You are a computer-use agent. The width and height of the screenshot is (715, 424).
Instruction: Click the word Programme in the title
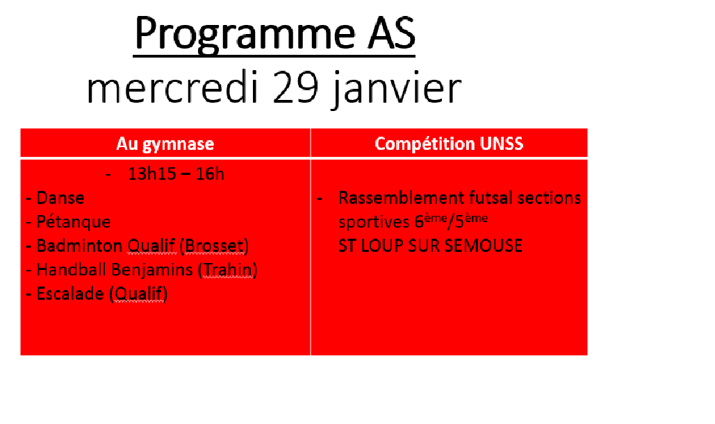click(x=245, y=34)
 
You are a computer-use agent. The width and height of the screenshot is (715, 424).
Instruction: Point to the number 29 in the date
click(x=295, y=87)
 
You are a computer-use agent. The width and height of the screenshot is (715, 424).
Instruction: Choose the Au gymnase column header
click(x=165, y=144)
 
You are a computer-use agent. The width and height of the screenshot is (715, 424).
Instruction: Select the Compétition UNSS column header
click(x=449, y=144)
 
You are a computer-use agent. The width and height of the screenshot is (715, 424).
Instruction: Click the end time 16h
click(x=210, y=174)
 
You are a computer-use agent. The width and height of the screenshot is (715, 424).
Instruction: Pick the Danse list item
click(x=60, y=198)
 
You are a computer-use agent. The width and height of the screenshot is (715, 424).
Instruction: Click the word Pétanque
click(x=74, y=222)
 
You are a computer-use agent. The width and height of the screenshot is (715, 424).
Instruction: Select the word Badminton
click(x=79, y=246)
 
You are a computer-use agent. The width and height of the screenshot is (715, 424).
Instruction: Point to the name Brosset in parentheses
click(x=214, y=246)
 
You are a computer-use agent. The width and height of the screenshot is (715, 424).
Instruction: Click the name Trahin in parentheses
click(x=227, y=270)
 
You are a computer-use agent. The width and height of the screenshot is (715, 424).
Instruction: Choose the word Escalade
click(x=70, y=294)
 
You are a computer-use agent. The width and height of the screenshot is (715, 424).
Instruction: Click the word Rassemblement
click(x=402, y=198)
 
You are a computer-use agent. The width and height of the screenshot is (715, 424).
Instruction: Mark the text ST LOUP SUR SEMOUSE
click(x=430, y=246)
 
